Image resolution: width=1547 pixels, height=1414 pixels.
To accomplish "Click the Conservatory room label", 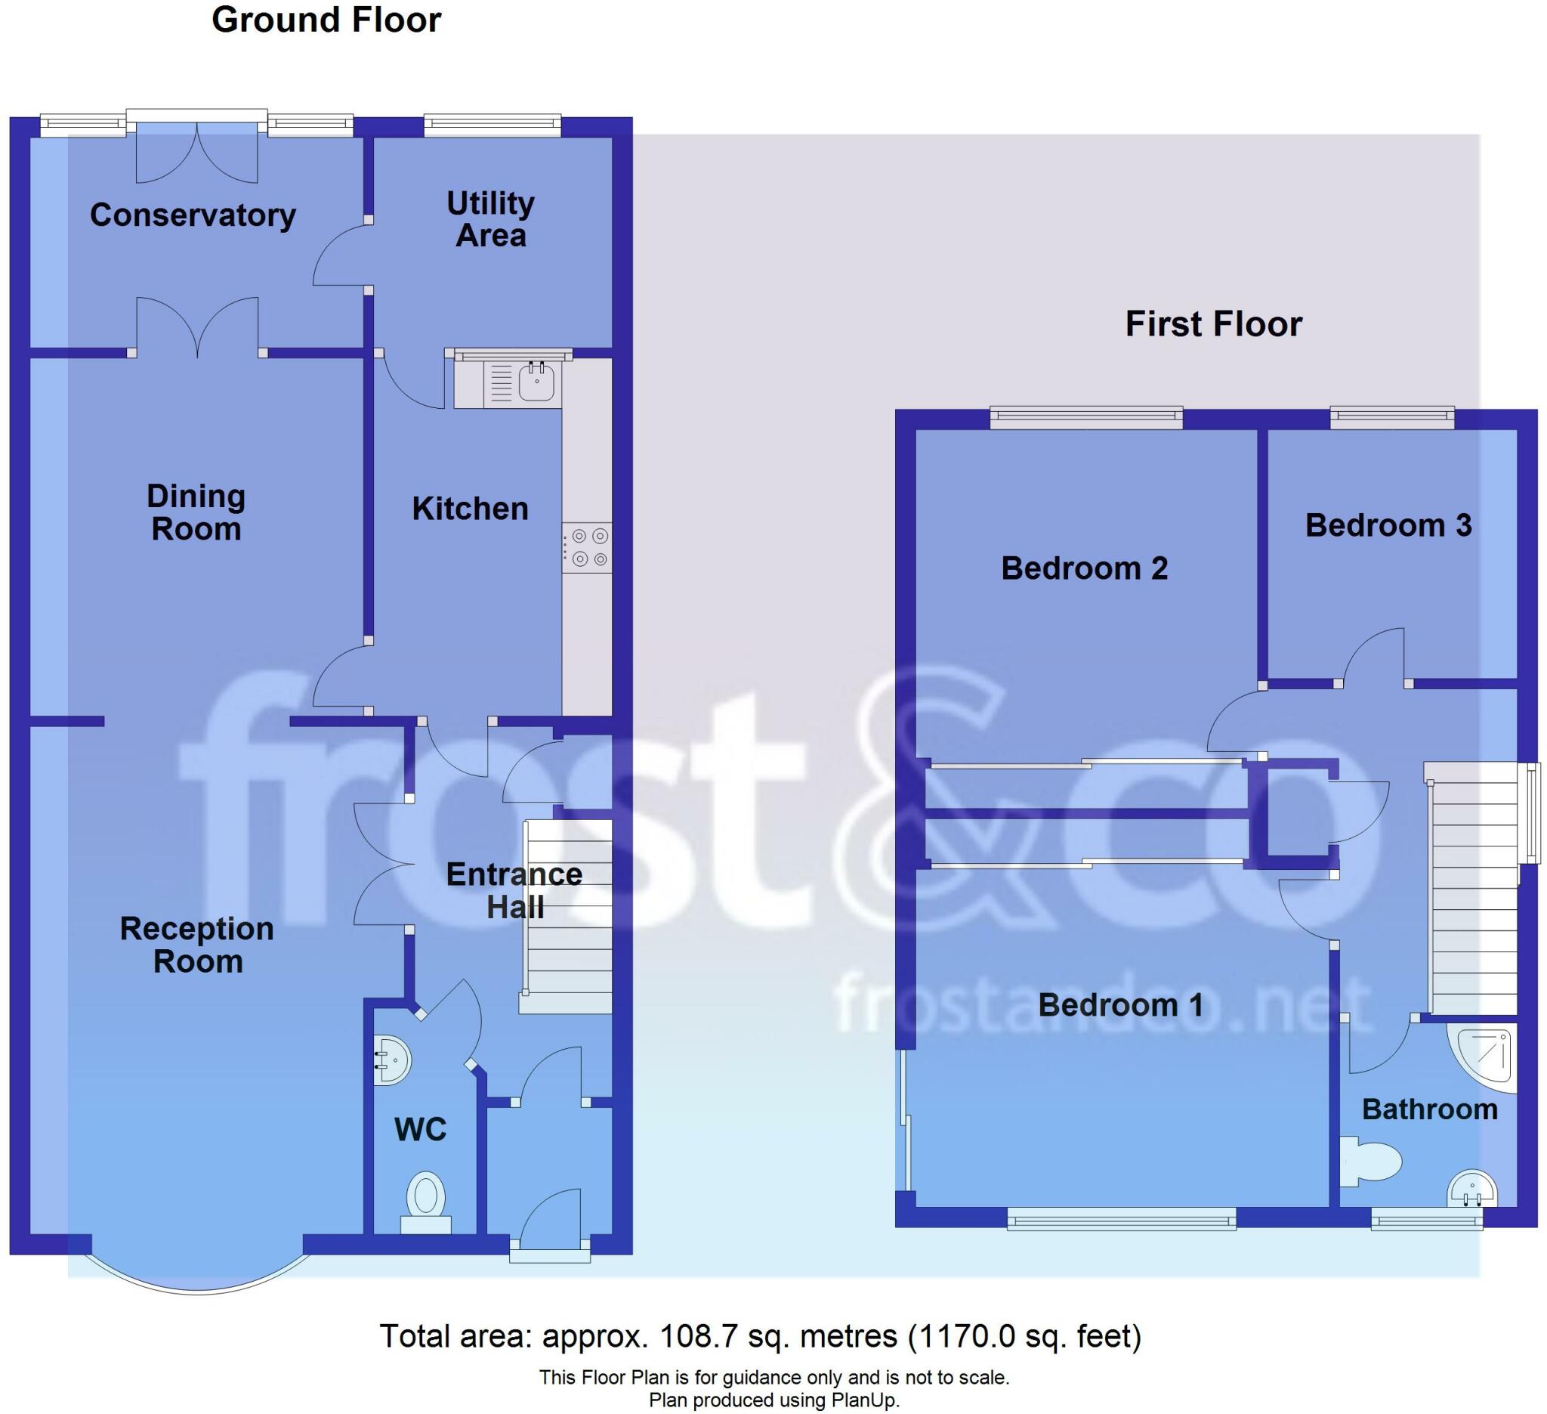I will point(193,215).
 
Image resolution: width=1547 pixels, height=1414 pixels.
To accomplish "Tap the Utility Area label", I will point(490,220).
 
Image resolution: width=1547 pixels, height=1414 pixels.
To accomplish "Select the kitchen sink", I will point(536,382).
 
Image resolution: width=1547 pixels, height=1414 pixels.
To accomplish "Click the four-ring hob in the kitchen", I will point(588,548).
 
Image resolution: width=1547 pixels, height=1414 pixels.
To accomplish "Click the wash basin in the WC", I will point(393,1060).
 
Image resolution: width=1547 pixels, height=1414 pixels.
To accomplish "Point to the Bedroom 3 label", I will point(1388,526).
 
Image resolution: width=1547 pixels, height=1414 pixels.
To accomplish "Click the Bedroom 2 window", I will point(1085,417).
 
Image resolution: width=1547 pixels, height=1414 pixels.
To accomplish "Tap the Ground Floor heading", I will point(326,20).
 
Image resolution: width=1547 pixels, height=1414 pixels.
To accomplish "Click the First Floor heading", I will point(1213,324).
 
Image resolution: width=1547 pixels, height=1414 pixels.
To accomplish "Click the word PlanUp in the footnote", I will point(862,1400).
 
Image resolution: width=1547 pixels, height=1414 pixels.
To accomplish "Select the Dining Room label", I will point(196,513).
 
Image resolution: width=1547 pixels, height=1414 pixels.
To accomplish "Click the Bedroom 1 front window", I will point(1121,1218).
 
